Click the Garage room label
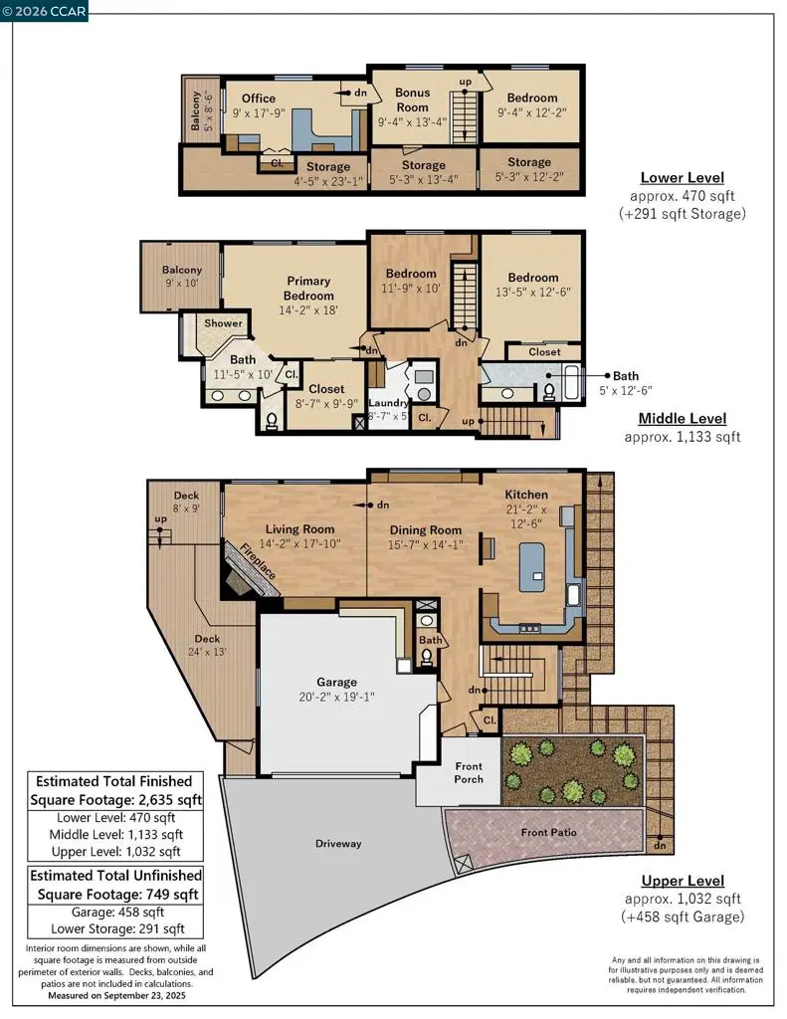point(336,682)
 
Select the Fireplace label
point(258,561)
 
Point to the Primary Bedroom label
point(308,288)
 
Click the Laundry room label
point(388,403)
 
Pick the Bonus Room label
point(413,101)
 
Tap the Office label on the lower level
point(259,99)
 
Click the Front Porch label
point(469,772)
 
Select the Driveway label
point(338,844)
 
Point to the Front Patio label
point(548,832)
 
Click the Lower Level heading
point(683,177)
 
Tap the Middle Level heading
point(683,419)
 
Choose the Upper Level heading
point(683,881)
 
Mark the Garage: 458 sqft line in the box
point(117,912)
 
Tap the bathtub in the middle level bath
point(571,383)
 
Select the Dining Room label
point(426,530)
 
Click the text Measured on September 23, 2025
point(116,995)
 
